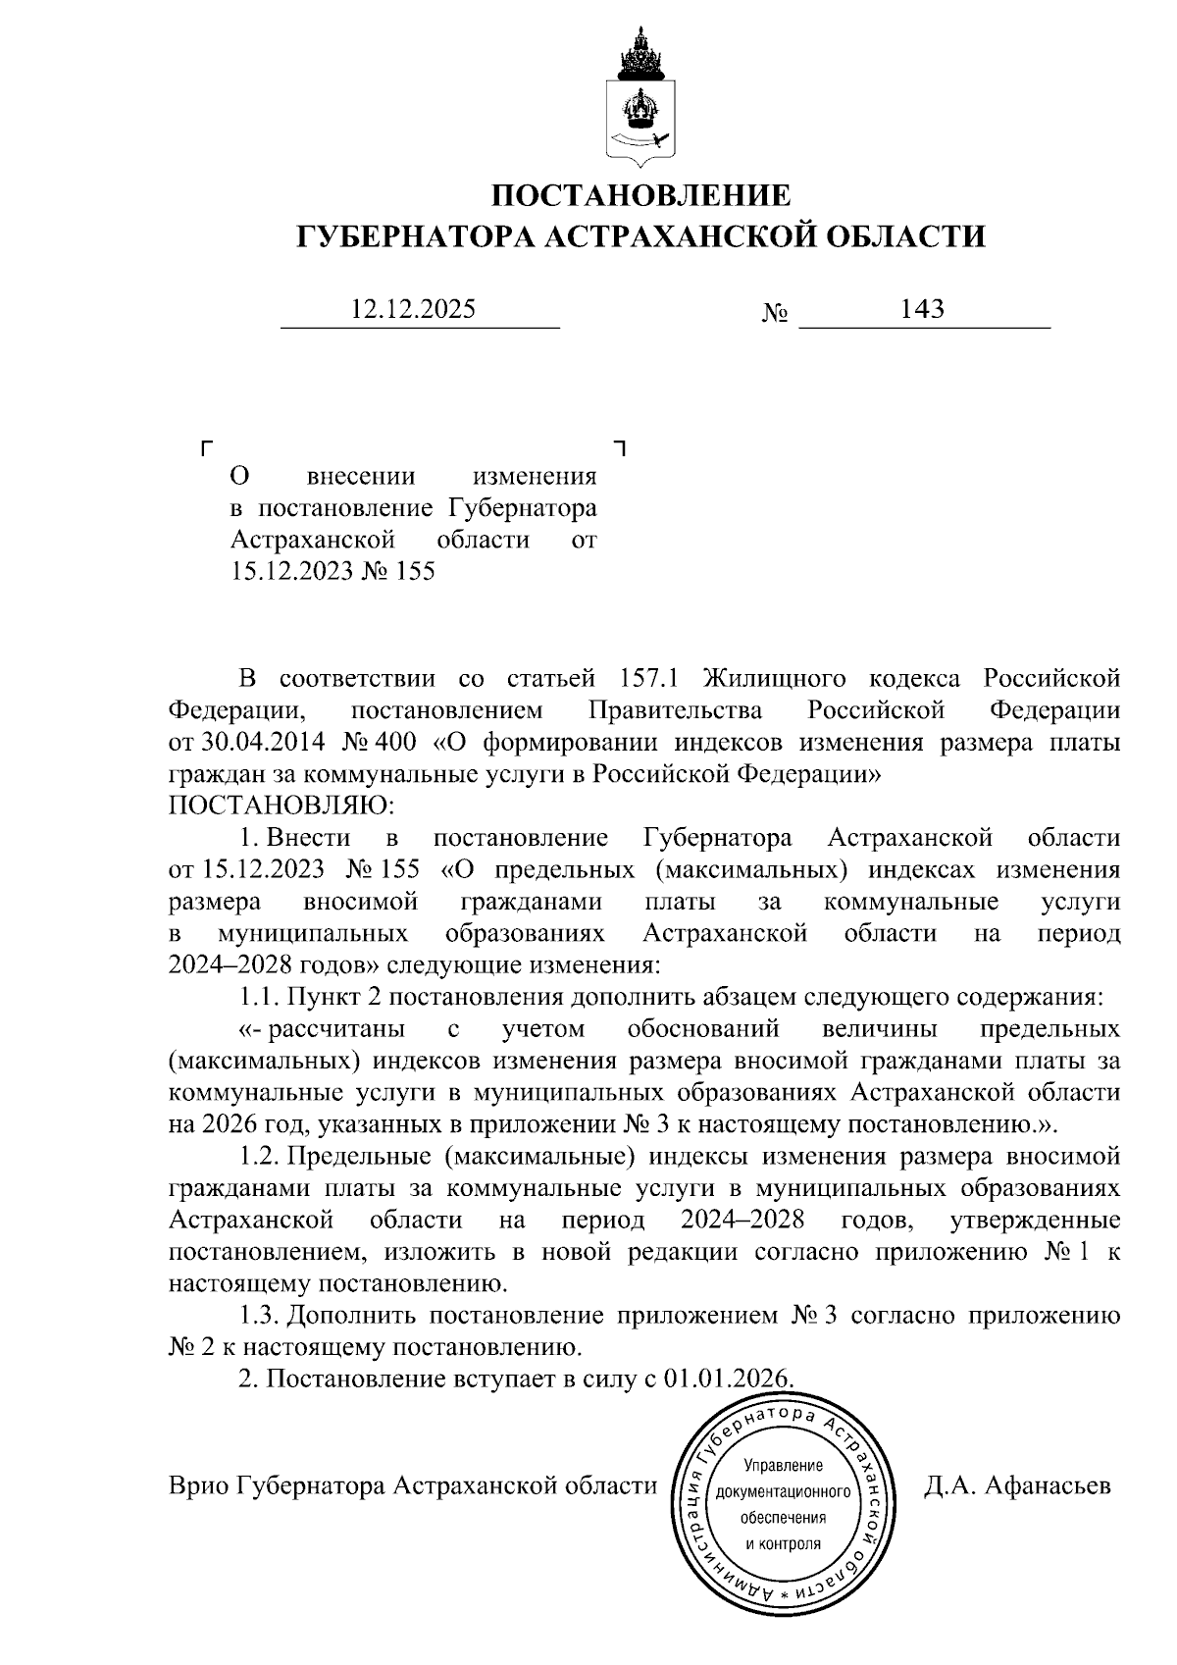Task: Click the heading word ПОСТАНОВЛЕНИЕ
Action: coord(640,195)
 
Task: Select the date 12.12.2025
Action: coord(413,310)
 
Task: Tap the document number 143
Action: coord(922,310)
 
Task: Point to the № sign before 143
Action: coord(775,314)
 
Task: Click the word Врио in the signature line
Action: coord(198,1485)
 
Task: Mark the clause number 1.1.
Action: coord(260,997)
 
